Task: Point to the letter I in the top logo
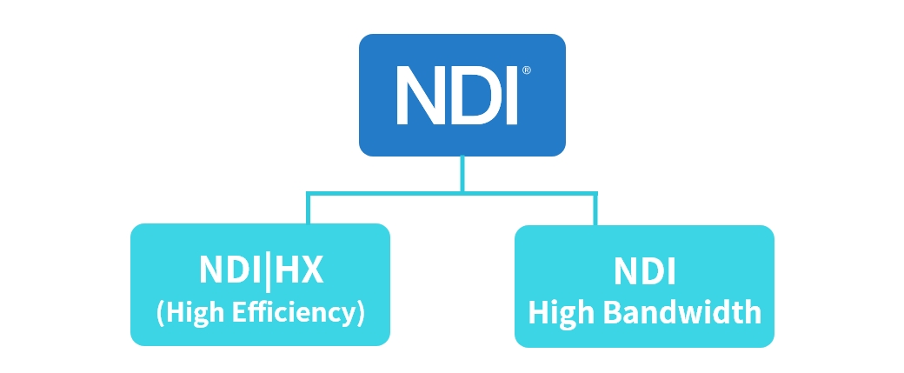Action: point(511,95)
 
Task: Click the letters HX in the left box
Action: point(301,270)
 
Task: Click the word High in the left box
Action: point(196,312)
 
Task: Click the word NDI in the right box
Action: point(644,272)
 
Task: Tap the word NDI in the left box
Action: point(231,270)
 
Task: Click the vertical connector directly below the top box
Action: point(462,172)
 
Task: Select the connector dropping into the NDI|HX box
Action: point(307,209)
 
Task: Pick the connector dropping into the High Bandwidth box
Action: point(595,210)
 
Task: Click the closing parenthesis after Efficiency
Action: point(360,313)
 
